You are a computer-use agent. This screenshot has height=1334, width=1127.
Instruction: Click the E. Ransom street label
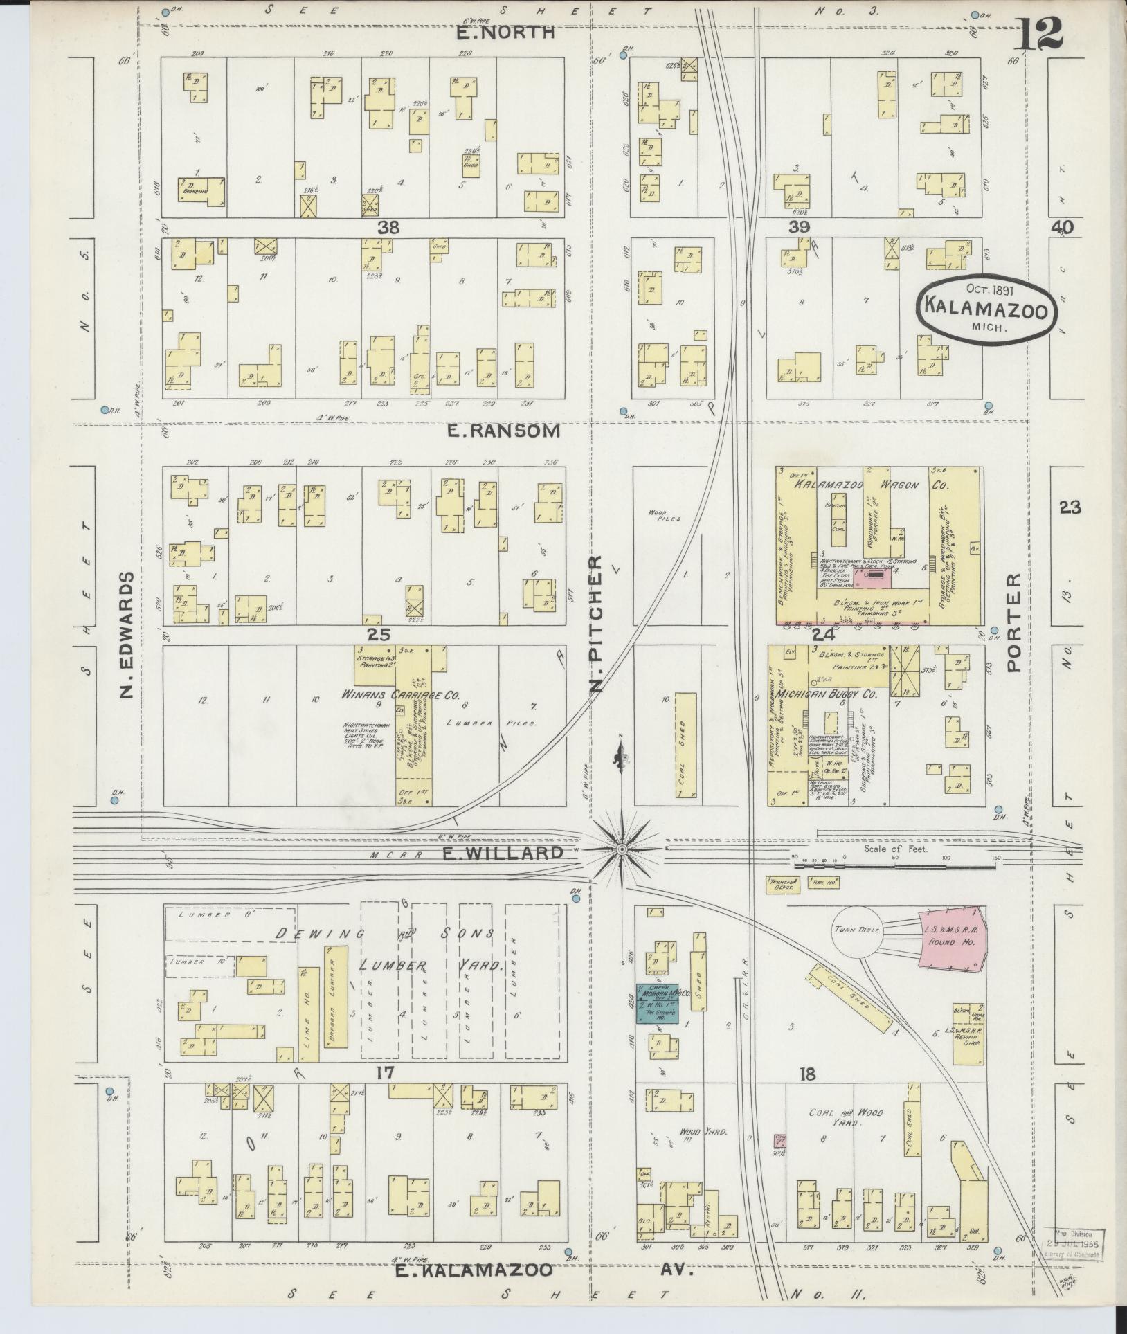point(503,431)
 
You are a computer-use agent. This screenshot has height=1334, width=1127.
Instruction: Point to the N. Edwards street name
point(127,634)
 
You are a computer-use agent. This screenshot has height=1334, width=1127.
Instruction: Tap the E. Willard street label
point(503,854)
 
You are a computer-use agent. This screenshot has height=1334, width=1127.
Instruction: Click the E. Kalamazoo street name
point(474,1270)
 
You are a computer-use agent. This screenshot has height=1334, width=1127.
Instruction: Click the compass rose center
point(622,849)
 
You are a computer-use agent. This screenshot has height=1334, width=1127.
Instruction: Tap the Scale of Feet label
point(895,849)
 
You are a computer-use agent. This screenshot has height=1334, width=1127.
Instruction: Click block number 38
point(389,226)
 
